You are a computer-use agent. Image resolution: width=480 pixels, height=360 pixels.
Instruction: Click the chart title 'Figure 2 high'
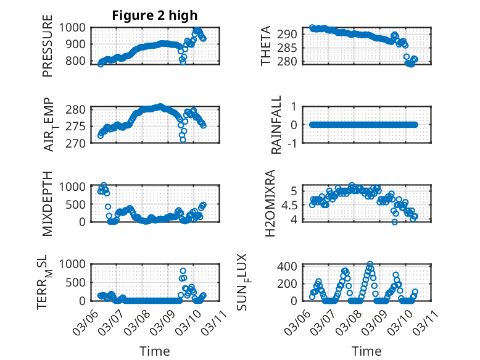(x=155, y=15)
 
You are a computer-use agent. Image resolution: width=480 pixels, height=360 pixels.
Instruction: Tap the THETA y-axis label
(x=266, y=45)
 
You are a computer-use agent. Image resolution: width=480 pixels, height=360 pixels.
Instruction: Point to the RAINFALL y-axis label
(x=277, y=125)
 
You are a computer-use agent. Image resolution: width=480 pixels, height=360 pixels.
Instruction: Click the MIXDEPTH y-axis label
(x=48, y=203)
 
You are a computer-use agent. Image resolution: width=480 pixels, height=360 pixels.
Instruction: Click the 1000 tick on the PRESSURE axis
(x=75, y=27)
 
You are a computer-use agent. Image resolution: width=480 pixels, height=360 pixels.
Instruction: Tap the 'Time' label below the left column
(x=155, y=351)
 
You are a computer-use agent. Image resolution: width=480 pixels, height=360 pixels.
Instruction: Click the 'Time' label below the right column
(x=366, y=351)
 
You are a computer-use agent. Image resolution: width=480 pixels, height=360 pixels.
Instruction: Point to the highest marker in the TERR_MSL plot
(x=183, y=271)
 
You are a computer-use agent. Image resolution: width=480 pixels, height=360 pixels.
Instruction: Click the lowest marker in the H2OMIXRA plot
(x=395, y=222)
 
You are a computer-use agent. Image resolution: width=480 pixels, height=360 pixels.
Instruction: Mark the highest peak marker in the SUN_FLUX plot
(x=370, y=264)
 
